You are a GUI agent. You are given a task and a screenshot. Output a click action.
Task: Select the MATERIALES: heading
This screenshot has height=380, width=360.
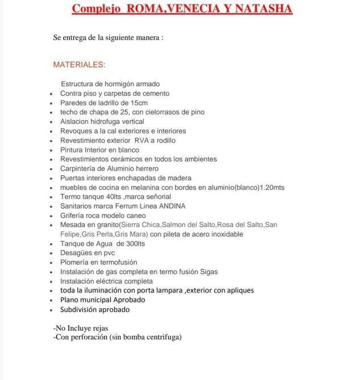pyautogui.click(x=79, y=65)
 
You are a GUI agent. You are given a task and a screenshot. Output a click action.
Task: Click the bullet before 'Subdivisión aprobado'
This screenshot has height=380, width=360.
pyautogui.click(x=52, y=310)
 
